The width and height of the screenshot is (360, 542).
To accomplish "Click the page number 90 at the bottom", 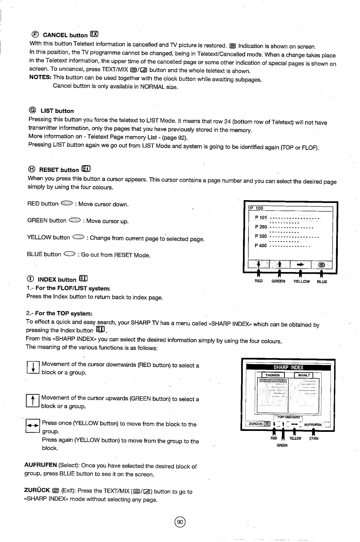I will tap(180, 522).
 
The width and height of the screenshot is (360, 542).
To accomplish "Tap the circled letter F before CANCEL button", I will tap(35, 34).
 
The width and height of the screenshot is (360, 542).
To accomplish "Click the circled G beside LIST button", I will tap(33, 110).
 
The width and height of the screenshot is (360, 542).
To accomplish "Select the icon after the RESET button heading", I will tap(86, 169).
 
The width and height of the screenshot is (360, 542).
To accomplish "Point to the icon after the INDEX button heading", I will tap(83, 279).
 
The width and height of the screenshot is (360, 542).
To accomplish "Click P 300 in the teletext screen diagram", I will tap(261, 236).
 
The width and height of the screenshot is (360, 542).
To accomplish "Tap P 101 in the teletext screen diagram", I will tap(261, 217).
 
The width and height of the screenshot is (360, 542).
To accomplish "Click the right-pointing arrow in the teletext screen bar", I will tap(300, 264).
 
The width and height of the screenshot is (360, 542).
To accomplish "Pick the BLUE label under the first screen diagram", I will tap(322, 282).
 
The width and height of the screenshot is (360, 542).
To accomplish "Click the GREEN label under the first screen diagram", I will tap(278, 282).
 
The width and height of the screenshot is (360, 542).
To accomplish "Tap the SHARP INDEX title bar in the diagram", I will tap(288, 368).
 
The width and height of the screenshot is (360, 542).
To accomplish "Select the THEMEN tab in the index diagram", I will tap(272, 375).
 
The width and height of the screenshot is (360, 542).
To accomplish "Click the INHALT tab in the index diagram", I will tap(304, 375).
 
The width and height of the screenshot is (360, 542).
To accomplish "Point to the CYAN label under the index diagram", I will tap(314, 438).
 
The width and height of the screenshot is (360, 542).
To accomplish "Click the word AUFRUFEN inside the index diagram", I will tap(313, 424).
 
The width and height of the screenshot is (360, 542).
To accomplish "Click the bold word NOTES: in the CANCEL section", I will tap(40, 77).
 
